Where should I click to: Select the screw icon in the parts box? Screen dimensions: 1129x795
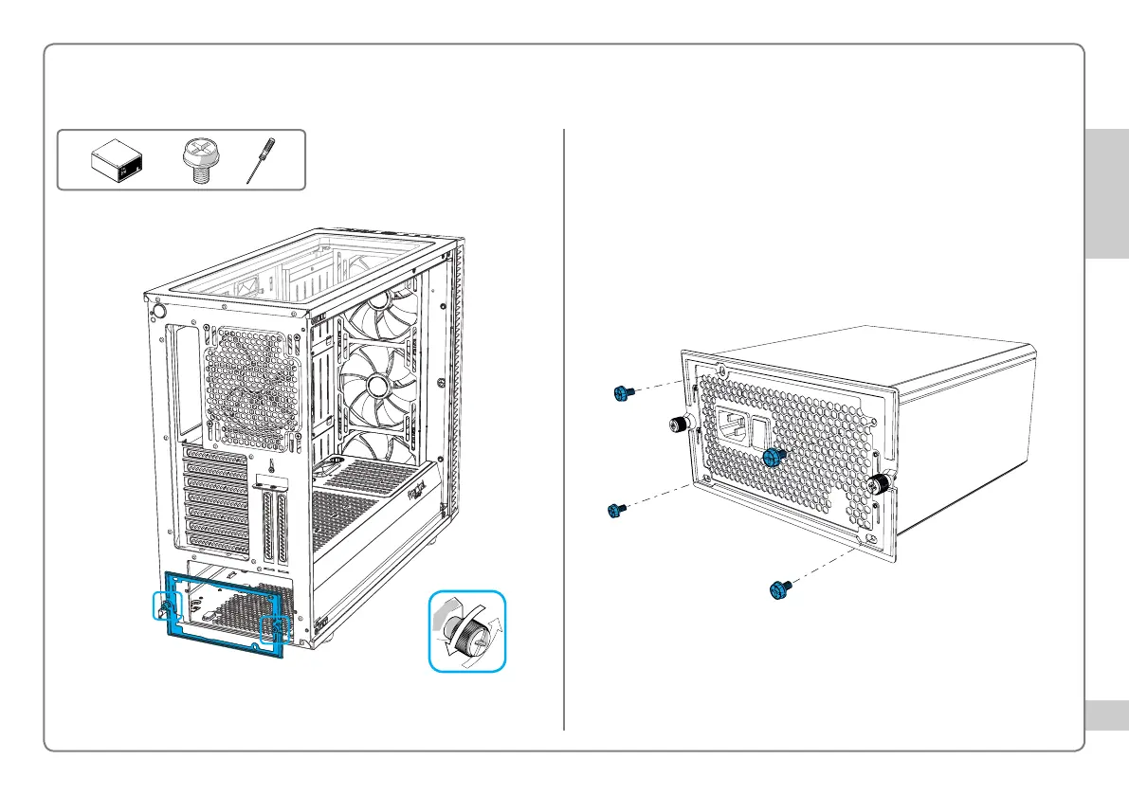coord(201,159)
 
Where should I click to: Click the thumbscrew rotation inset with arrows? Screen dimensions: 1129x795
coord(466,631)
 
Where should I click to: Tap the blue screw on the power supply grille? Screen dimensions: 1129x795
coord(774,458)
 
